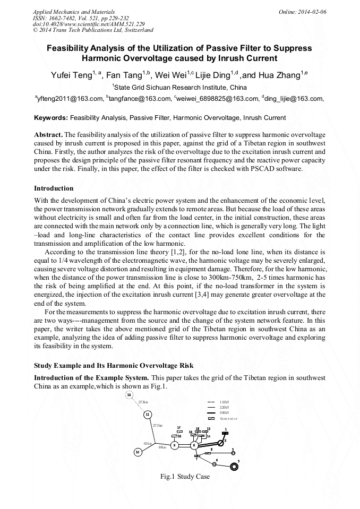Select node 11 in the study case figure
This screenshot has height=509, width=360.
pos(148,414)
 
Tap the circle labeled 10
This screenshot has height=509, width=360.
pos(138,452)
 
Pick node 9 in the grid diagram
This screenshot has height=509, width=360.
pos(174,445)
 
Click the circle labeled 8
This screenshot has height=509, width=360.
pos(194,445)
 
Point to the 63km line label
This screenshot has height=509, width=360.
pos(148,443)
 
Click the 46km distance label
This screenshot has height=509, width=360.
pos(162,447)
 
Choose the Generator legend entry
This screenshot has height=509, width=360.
pos(229,418)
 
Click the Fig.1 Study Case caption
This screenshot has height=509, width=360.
pos(185,477)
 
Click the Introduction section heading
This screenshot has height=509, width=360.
pos(54,188)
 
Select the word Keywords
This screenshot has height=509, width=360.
pos(50,117)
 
